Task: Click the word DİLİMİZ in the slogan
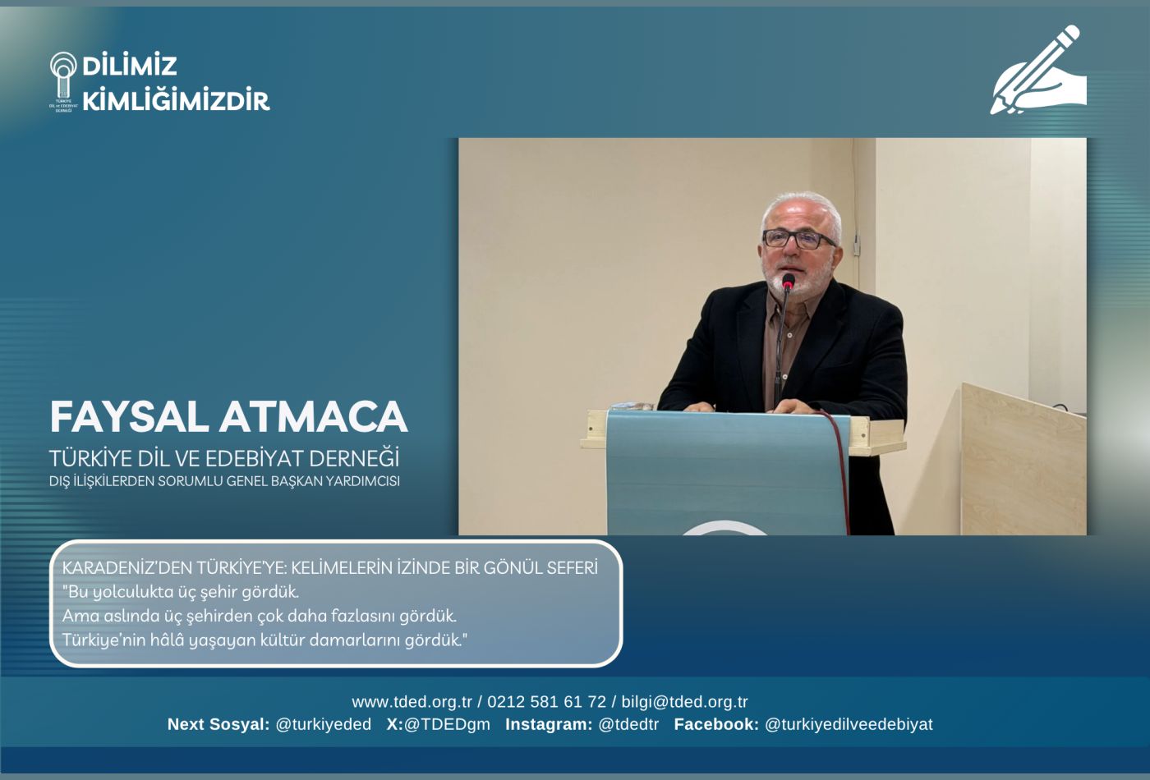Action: [130, 66]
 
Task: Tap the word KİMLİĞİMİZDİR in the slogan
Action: [176, 99]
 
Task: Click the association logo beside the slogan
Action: [63, 82]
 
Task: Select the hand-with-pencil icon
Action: [1038, 71]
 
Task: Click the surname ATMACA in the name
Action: [314, 417]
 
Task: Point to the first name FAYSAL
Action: [130, 417]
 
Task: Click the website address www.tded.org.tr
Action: [412, 701]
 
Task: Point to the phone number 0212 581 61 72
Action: [547, 701]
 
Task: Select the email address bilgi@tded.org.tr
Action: [684, 701]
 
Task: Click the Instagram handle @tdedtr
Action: [628, 724]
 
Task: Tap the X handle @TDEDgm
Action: [447, 724]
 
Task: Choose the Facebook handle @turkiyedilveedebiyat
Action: [849, 724]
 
